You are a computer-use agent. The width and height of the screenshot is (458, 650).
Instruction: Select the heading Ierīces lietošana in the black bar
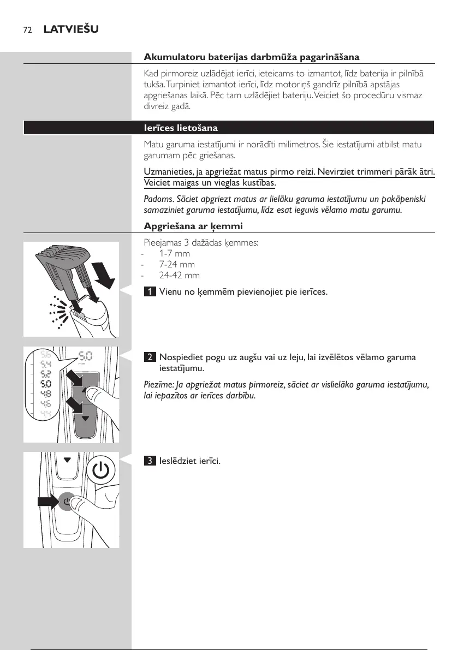tap(181, 128)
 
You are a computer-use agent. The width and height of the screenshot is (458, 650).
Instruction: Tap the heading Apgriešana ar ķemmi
tap(193, 226)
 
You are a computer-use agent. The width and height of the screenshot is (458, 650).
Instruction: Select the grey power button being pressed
tap(67, 501)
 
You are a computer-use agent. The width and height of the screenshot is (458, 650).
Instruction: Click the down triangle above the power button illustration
tap(67, 460)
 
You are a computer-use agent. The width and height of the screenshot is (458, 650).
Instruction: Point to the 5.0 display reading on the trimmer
tap(85, 356)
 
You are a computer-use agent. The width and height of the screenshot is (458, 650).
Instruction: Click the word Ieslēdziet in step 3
tap(177, 461)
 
